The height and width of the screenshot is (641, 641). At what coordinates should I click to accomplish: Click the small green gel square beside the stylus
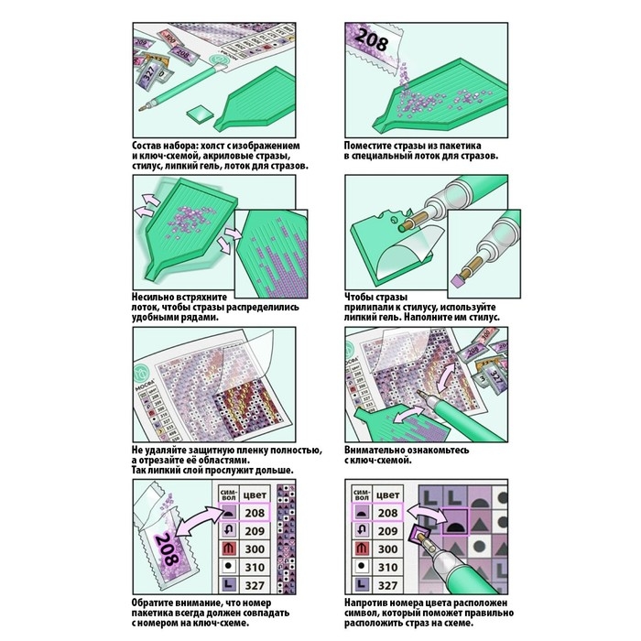pyautogui.click(x=200, y=114)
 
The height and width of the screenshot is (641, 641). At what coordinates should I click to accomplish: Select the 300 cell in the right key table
pyautogui.click(x=388, y=549)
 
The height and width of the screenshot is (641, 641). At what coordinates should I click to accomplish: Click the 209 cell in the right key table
pyautogui.click(x=388, y=531)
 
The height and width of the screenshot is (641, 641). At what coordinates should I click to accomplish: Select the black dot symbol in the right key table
pyautogui.click(x=361, y=567)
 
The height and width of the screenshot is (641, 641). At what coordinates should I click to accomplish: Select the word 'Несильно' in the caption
pyautogui.click(x=157, y=298)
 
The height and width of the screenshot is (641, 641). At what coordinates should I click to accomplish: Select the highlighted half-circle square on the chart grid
pyautogui.click(x=454, y=527)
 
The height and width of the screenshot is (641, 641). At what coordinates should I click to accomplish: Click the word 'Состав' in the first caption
pyautogui.click(x=151, y=145)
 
